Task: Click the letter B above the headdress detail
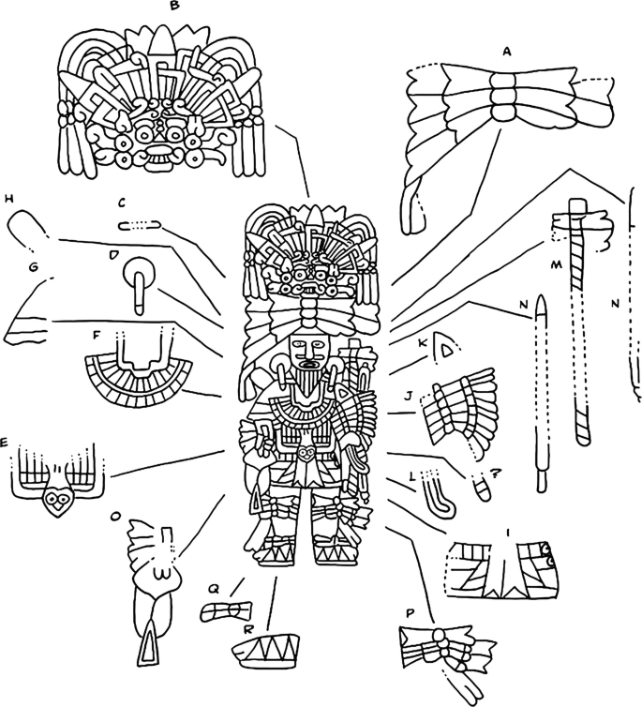175,6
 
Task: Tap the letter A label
507,53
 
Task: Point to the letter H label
8,198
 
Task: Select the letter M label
557,264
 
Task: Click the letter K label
422,343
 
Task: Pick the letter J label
409,396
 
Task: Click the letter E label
4,444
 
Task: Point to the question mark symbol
495,474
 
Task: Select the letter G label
33,267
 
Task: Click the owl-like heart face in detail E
57,501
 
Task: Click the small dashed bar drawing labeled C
140,225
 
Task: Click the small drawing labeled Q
227,612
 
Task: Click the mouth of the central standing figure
309,365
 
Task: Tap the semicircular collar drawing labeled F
139,375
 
